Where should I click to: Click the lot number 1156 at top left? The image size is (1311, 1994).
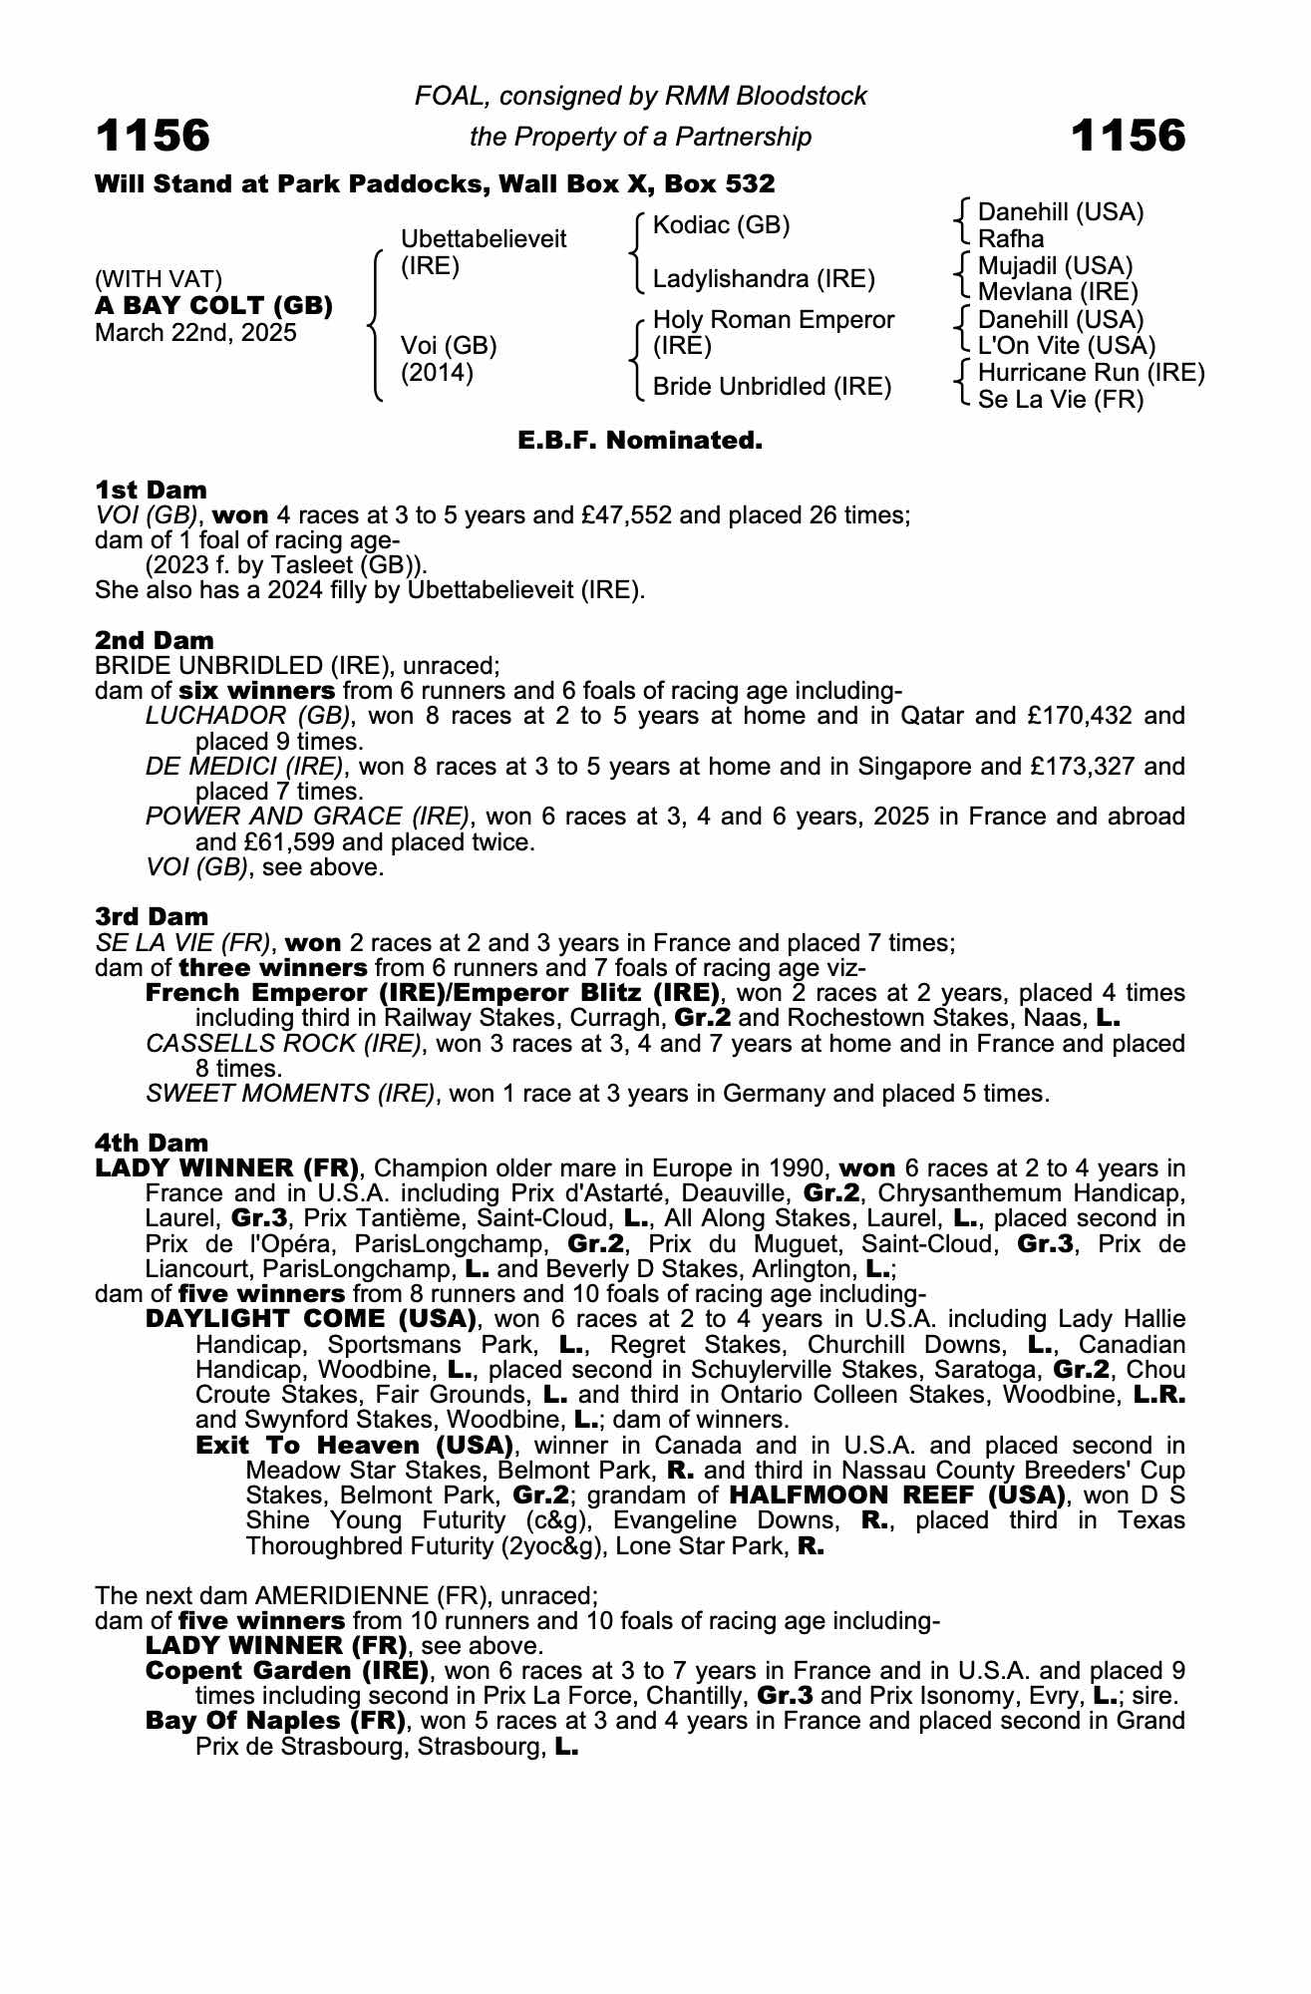pos(153,136)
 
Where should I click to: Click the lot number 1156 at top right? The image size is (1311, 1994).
pos(1128,136)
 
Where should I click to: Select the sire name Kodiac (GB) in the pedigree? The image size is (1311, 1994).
pos(721,225)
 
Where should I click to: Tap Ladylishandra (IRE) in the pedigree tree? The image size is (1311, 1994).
pos(764,279)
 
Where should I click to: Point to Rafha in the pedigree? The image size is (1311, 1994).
pos(1011,239)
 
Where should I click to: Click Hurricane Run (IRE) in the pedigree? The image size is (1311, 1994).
pos(1091,373)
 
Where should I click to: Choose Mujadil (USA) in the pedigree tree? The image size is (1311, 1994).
pos(1055,266)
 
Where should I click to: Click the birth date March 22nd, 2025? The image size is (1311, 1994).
pos(195,333)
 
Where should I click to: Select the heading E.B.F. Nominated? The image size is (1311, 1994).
pos(640,440)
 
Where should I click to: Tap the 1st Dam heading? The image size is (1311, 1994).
pos(151,490)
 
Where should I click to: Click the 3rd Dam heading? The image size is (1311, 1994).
pos(152,916)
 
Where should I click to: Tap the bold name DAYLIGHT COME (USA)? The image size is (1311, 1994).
pos(309,1319)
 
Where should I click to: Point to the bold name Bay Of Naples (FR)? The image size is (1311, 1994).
pos(275,1721)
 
